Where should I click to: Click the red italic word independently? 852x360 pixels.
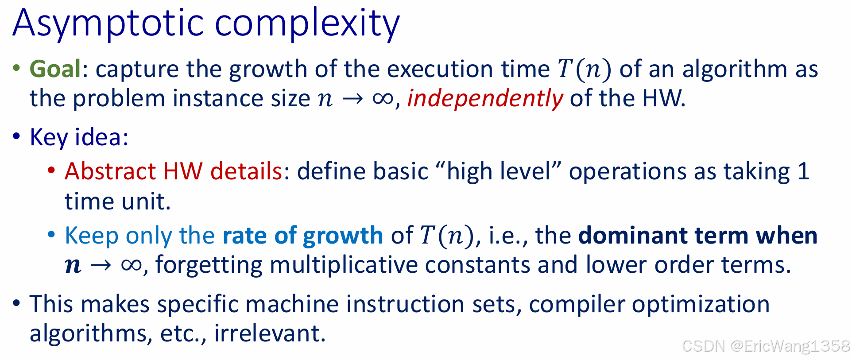(485, 98)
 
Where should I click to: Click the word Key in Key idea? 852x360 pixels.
(48, 137)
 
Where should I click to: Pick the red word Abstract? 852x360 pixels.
(110, 171)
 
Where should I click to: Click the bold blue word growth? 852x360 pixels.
(343, 235)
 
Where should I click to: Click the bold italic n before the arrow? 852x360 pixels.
(73, 265)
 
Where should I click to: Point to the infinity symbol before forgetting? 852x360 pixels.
(131, 265)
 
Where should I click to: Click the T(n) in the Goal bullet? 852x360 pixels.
(584, 69)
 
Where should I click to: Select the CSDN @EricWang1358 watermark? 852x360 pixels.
(766, 346)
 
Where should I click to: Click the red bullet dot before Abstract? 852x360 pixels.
(52, 170)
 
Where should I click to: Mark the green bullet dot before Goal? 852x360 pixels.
(17, 68)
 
